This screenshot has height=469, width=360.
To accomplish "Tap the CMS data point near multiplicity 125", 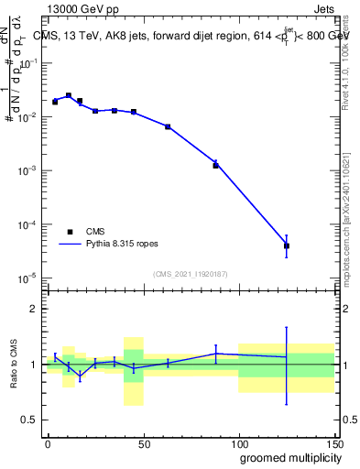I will tap(287, 245).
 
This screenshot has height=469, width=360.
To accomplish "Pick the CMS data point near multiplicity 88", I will tap(216, 166).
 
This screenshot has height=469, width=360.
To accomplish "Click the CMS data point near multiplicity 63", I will tap(168, 126).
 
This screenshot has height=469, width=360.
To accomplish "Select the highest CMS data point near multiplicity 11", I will tap(69, 95).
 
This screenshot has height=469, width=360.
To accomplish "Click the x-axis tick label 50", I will tap(144, 442).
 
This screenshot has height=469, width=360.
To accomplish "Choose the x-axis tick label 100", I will tap(239, 442).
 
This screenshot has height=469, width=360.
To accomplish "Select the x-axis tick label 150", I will tap(334, 442).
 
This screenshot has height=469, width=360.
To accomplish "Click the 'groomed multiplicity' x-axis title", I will tap(287, 457).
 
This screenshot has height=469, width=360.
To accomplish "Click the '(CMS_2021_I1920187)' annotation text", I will tap(191, 273).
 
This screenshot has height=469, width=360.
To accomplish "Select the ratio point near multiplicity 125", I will tap(287, 357).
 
